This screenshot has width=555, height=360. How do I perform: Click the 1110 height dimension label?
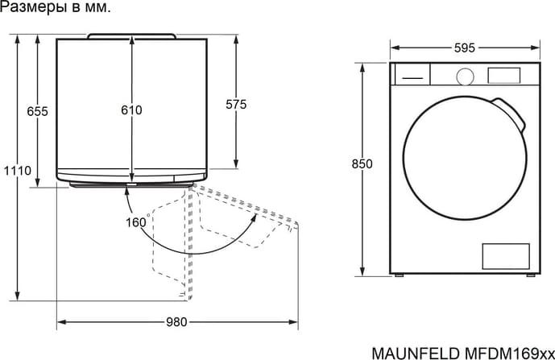coord(18,171)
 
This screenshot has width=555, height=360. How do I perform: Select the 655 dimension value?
coord(37,111)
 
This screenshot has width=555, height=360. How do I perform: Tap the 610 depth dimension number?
coord(131,110)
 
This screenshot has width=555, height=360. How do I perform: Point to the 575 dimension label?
coord(236,105)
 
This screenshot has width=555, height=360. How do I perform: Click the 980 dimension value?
coord(176,322)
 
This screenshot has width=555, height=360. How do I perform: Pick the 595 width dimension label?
coord(465,48)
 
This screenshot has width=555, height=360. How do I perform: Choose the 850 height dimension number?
coord(362,164)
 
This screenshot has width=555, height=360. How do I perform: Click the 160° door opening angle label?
coord(138,221)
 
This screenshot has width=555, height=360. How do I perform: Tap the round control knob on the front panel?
coord(465,77)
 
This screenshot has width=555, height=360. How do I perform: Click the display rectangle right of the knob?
coord(504,76)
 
